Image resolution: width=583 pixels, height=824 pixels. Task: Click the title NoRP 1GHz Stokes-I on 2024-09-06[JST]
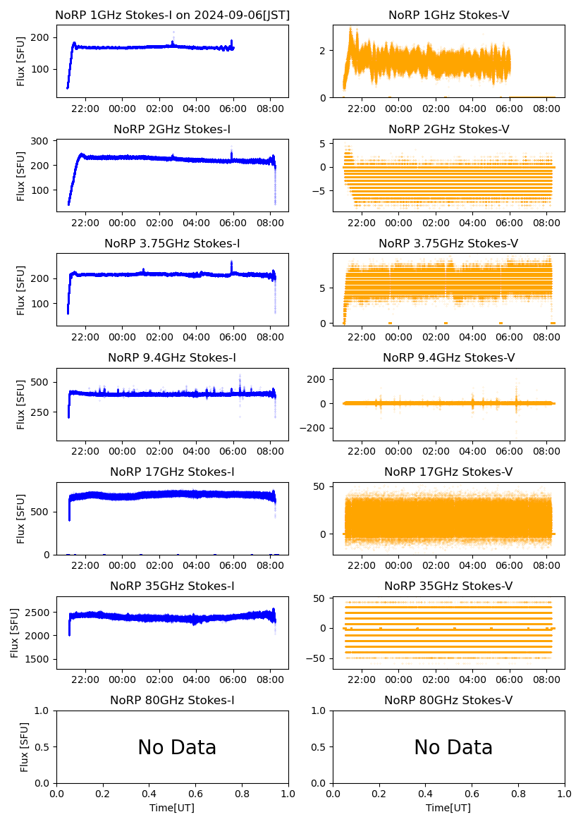172,15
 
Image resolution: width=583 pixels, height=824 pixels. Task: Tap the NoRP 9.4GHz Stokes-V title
448,358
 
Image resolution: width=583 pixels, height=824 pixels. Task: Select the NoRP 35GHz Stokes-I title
172,586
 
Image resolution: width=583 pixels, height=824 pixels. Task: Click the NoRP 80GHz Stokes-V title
448,701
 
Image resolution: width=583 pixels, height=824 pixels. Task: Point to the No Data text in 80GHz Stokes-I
177,747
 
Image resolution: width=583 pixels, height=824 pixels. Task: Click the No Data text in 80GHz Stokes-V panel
453,747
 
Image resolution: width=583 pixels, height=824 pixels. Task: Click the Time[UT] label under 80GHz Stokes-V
448,808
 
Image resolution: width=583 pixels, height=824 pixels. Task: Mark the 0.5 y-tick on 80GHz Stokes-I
43,747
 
